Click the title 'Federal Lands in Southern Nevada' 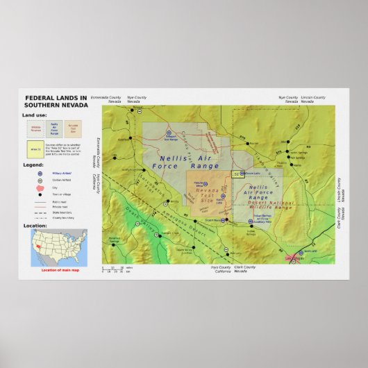pyautogui.click(x=56, y=101)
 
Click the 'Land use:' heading pyautogui.click(x=35, y=114)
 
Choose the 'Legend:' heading pyautogui.click(x=33, y=165)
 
